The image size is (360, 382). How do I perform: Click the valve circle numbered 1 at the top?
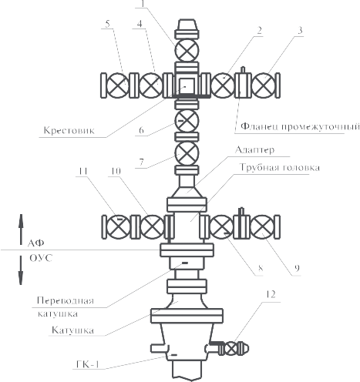point(187,50)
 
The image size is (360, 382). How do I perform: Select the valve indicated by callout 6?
point(187,121)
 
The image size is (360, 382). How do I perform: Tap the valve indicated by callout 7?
point(187,153)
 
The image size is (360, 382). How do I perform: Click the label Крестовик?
point(69,130)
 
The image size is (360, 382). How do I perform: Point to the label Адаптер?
point(254,150)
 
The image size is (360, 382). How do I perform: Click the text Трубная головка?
point(280,167)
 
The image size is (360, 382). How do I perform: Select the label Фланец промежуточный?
point(300,126)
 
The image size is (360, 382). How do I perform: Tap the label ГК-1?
point(88,364)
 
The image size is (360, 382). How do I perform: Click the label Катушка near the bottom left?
point(72,330)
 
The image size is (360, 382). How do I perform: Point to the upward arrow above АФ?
point(21,230)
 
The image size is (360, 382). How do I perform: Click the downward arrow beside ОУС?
point(21,270)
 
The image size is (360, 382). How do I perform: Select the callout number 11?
point(82,171)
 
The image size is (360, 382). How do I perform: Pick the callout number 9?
point(297,268)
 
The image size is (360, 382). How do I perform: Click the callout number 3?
point(300,31)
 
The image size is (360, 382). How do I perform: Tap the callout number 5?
point(107,24)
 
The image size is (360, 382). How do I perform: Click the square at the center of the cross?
point(187,85)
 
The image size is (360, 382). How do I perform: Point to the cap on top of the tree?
point(187,25)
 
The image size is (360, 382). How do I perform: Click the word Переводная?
point(66,300)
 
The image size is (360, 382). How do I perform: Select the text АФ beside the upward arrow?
point(35,243)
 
